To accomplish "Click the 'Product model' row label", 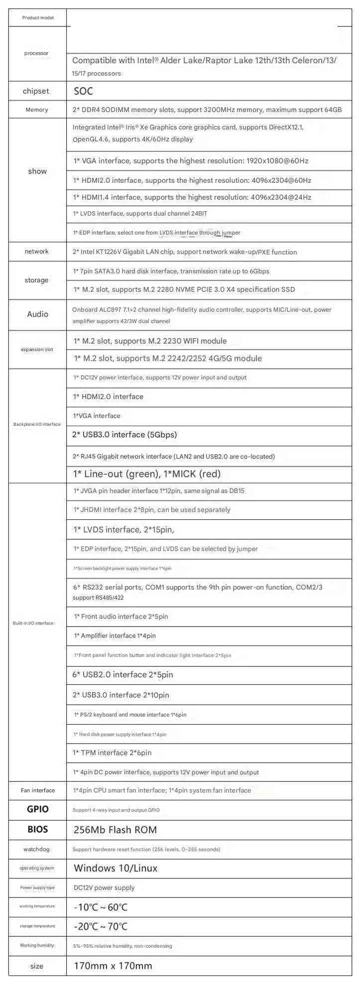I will [37, 18].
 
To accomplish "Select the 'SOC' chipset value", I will [83, 91].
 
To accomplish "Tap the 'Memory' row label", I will [37, 110].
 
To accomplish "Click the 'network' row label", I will [37, 251].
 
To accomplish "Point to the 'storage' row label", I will [37, 280].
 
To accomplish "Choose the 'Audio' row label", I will [37, 314].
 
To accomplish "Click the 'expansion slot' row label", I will [37, 350].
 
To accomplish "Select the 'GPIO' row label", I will [37, 809].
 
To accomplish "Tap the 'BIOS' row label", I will [37, 829].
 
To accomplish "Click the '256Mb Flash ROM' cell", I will [115, 830].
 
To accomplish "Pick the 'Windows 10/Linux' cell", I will [116, 868].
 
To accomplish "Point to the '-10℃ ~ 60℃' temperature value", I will [101, 907].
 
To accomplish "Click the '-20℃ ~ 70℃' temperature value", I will [101, 926].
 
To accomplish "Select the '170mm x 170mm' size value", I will [113, 966].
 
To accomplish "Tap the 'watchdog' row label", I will [37, 849].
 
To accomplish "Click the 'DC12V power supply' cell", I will [104, 887].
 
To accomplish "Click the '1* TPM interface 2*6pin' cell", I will [112, 752].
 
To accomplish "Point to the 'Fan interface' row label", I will [38, 790].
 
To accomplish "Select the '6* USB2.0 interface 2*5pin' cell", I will [123, 675].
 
